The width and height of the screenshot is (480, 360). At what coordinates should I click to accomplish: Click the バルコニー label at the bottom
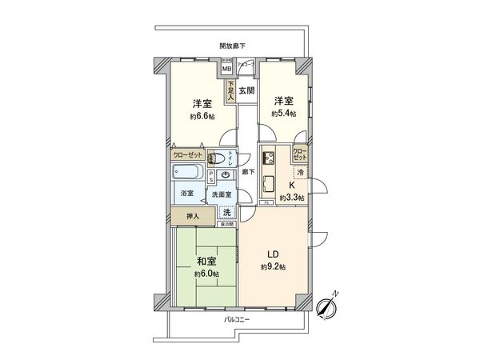point(234,319)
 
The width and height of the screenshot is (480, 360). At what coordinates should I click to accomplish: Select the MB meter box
point(228,69)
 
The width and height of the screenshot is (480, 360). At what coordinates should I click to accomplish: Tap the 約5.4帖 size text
point(282,114)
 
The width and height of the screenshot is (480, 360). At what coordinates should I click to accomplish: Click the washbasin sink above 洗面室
point(226,175)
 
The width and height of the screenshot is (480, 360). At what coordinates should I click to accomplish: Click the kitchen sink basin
point(268,182)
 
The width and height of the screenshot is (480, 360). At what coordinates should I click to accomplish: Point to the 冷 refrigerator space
point(300,173)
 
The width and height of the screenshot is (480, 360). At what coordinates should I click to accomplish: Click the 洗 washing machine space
point(228,212)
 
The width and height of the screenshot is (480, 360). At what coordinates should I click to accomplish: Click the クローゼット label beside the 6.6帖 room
point(187,156)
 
